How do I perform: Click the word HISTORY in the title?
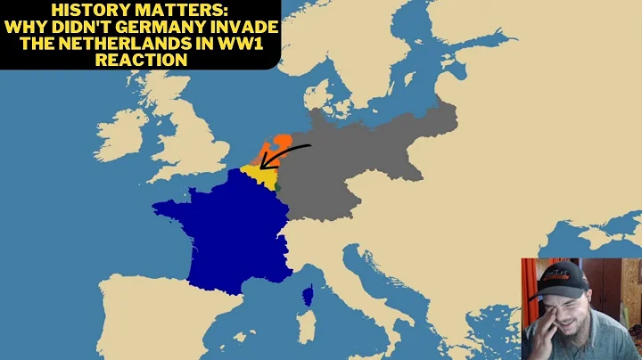(x=88, y=9)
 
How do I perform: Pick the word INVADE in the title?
(x=243, y=26)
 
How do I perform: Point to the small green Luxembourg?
(x=278, y=186)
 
